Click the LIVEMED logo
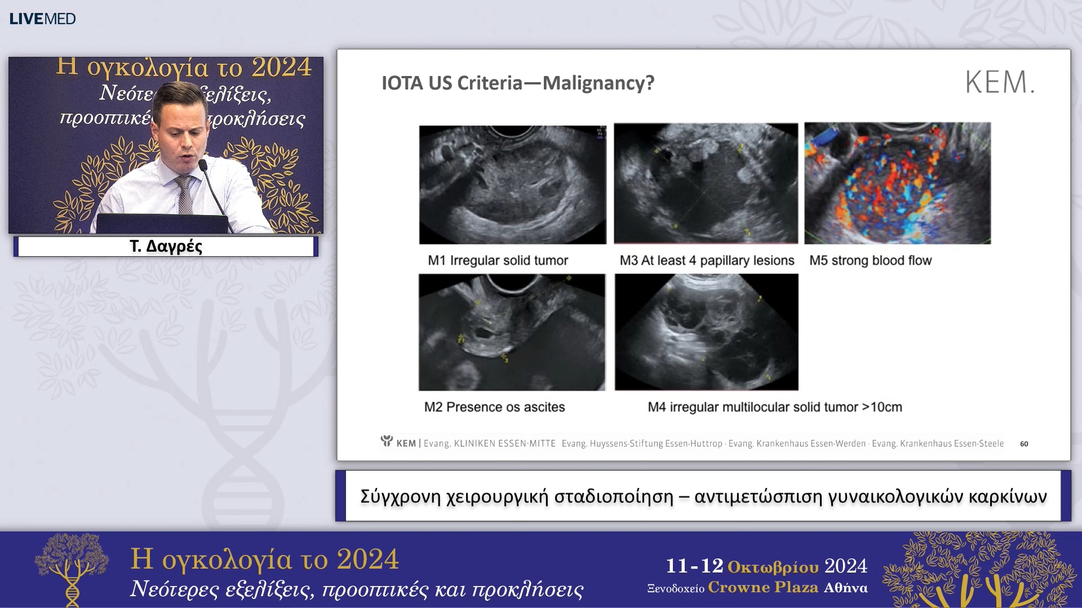pos(42,19)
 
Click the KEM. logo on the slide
pos(1000,82)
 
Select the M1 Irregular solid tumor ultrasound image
pos(513,185)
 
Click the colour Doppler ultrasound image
pos(897,183)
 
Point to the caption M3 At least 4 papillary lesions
pos(707,261)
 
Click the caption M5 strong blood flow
pos(870,261)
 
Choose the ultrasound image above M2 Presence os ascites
pos(512,332)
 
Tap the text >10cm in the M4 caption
pos(882,407)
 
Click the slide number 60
pos(1024,444)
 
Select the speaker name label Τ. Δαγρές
pos(166,247)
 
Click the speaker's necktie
pos(184,195)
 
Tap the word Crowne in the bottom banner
pos(738,588)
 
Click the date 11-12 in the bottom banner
pos(694,566)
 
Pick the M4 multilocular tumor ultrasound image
pos(707,332)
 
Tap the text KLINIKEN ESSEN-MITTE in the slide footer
pos(504,444)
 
